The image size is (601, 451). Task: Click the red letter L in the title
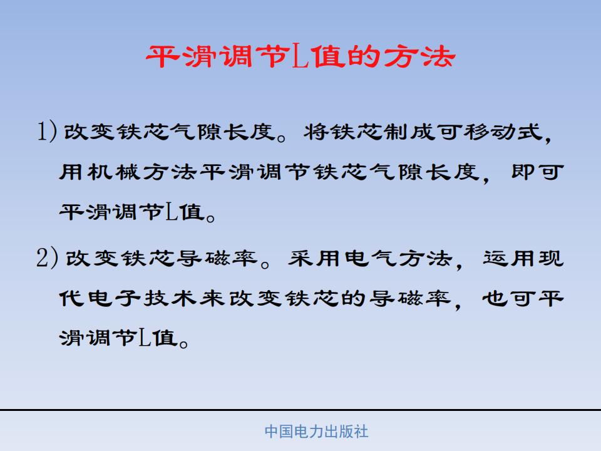301,56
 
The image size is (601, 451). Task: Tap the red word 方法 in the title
419,56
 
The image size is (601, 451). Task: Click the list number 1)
47,131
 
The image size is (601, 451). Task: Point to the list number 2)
47,257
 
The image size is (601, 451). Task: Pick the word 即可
538,172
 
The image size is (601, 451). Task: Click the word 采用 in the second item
314,258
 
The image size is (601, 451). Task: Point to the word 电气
370,258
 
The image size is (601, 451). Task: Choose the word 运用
510,258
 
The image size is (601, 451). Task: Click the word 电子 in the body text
114,298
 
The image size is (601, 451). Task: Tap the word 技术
170,298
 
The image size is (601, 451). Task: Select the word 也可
510,298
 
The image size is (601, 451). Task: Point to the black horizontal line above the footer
300,410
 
